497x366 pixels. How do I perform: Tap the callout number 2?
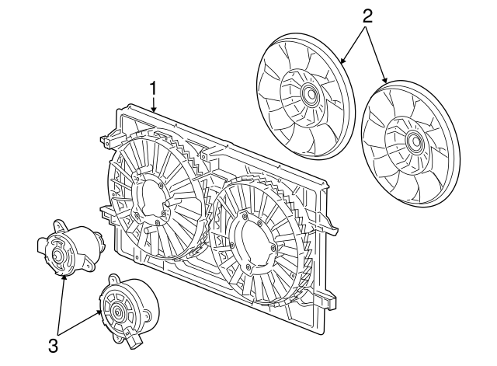368,15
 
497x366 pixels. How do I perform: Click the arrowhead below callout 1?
154,111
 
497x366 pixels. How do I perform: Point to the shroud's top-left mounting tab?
106,141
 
